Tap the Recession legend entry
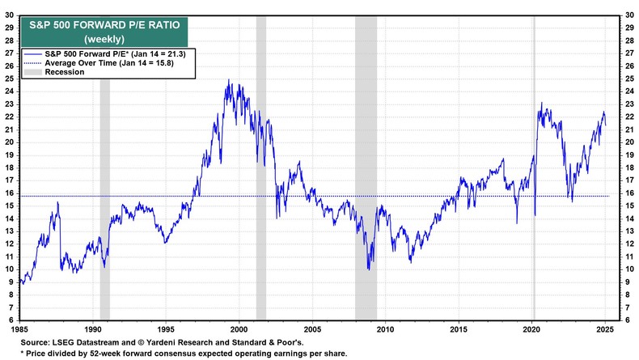65,72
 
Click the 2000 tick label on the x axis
239,330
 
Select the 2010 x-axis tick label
385,330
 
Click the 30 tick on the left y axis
11,14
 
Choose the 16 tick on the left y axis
11,193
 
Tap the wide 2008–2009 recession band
366,202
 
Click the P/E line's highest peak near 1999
229,80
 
